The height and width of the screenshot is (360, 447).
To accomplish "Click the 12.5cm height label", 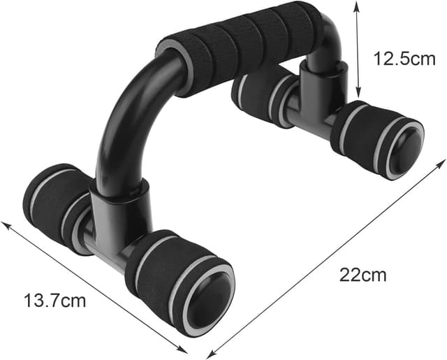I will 404,59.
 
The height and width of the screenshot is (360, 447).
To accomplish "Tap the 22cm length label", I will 363,274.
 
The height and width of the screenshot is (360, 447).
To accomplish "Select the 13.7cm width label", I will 55,301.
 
